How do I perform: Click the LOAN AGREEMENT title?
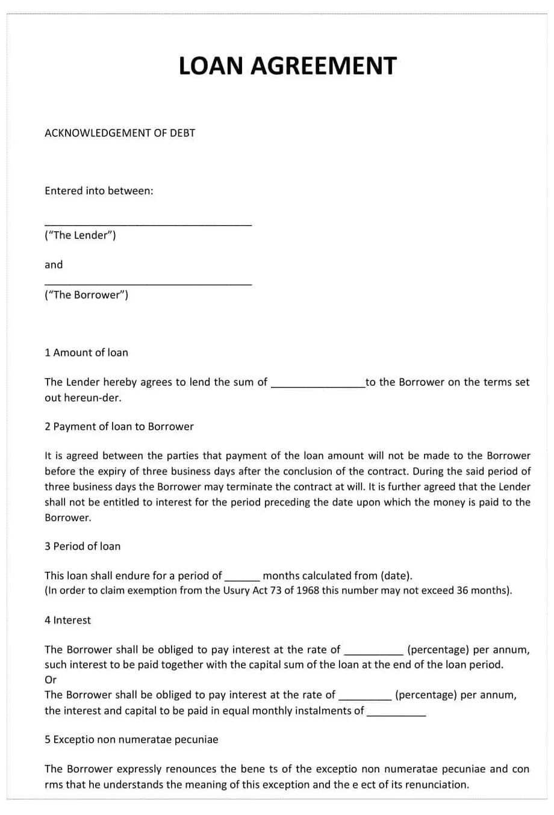(x=287, y=66)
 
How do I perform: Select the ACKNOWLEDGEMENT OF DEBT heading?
(x=120, y=133)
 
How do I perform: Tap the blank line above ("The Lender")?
(x=148, y=223)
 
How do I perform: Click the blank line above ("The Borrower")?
(x=148, y=283)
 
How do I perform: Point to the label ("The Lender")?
(x=80, y=235)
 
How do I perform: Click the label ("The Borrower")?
(x=86, y=295)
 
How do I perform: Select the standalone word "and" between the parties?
(x=54, y=265)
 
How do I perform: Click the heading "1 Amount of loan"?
(x=86, y=353)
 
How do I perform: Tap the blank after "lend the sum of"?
(x=318, y=385)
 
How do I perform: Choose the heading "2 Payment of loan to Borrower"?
(x=119, y=427)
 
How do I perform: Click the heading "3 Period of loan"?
(x=82, y=547)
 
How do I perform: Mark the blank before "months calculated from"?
(x=242, y=578)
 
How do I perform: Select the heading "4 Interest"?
(x=67, y=621)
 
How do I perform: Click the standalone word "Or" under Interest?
(x=51, y=680)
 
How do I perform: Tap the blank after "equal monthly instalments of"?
(x=396, y=714)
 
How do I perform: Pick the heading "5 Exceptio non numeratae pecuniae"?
(x=131, y=740)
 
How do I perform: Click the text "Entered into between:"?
(x=99, y=191)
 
